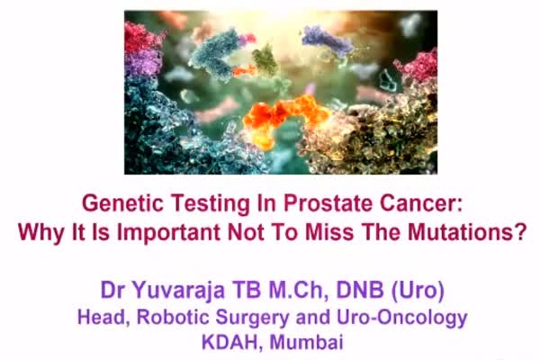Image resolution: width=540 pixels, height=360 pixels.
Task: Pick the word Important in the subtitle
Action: click(169, 232)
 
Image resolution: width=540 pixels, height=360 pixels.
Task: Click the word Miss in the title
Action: click(329, 232)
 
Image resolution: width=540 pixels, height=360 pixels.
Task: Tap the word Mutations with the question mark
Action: click(467, 232)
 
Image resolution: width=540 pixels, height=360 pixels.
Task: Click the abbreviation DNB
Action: click(359, 290)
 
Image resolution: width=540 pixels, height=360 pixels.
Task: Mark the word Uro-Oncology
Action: click(402, 318)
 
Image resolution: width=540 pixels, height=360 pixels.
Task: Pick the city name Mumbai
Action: click(307, 342)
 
